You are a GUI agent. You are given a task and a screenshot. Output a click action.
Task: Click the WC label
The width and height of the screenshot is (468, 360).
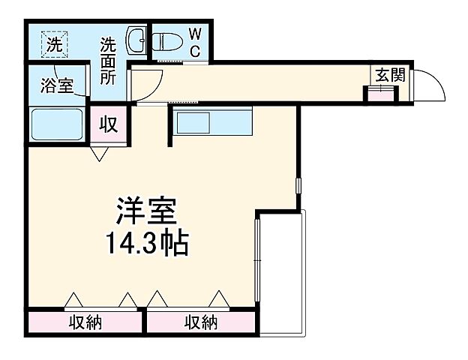point(194,42)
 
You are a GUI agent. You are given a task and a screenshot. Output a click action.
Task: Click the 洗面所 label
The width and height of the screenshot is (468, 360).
point(109,61)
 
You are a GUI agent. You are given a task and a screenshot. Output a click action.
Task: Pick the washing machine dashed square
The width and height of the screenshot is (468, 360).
point(54,43)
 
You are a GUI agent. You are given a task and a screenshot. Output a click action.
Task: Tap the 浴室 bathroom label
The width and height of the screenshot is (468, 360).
point(57,85)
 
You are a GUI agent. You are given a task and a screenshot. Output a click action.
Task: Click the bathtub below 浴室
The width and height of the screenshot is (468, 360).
point(57,122)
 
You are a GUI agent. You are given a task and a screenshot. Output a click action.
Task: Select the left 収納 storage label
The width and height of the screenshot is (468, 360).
point(85,323)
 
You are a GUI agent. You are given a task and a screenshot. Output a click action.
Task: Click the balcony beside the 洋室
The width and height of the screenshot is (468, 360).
point(282,274)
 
